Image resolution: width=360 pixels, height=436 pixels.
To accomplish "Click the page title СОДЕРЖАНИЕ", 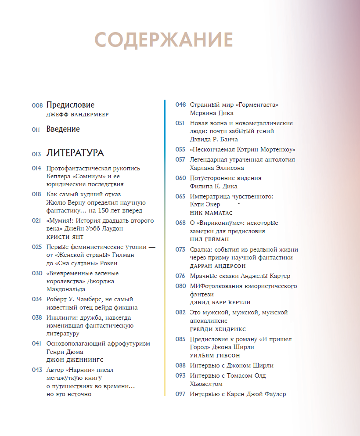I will [163, 40].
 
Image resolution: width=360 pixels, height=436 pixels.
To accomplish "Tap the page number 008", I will [37, 105].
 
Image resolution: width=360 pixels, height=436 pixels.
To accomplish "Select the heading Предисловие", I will [70, 105].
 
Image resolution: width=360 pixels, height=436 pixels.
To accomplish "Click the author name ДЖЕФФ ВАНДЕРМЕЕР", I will [77, 115].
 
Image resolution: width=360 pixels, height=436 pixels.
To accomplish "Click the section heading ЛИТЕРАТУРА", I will [75, 153].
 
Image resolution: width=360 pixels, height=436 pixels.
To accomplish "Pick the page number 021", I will [36, 220].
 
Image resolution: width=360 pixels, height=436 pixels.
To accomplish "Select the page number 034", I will [37, 299].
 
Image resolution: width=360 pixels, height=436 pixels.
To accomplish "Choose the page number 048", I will [180, 105].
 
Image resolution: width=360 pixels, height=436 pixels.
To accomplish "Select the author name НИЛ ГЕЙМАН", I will [209, 239].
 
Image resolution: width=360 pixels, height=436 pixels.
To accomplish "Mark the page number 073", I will [180, 249].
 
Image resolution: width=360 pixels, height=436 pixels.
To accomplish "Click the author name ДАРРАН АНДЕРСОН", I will [218, 266].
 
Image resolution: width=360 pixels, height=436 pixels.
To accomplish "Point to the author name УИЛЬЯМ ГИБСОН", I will [215, 356].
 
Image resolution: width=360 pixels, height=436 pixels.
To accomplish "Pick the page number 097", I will [180, 394].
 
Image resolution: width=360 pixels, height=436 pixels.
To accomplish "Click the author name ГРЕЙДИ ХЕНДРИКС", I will [218, 329].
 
